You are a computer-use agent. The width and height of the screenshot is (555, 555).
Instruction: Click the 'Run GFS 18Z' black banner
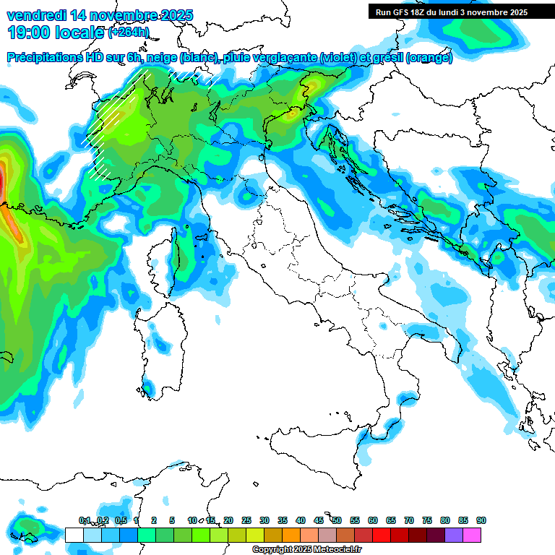451,12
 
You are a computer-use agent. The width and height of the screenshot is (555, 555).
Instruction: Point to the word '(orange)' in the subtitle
429,58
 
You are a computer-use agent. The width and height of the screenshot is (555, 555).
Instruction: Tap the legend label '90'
481,520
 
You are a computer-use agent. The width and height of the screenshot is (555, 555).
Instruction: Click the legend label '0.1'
84,520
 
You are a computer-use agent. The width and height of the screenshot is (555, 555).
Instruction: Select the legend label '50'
337,520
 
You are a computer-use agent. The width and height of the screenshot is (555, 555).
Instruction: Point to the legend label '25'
246,520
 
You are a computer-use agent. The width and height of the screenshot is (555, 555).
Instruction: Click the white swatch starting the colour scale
74,535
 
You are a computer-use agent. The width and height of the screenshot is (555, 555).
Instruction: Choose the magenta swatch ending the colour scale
472,535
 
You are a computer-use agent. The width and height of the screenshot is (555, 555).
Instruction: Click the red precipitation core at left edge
2,181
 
